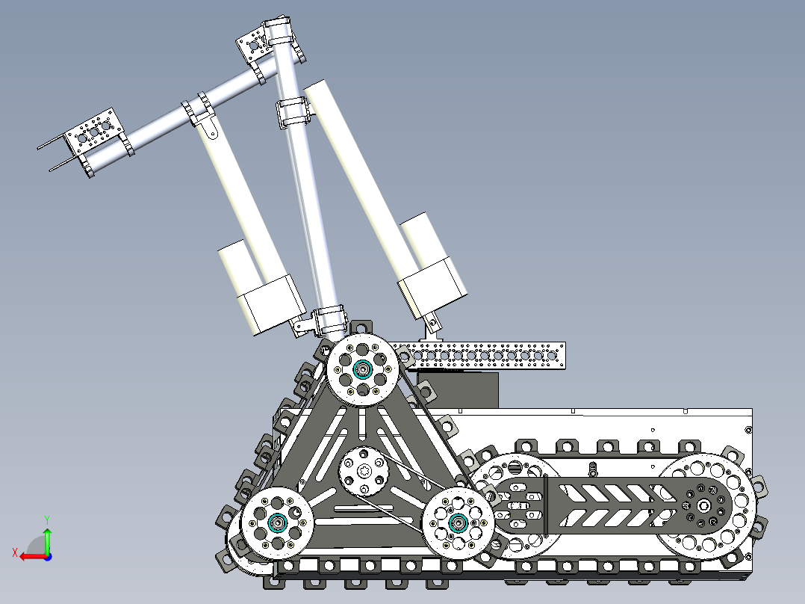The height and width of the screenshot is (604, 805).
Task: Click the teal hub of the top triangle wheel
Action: (x=363, y=369)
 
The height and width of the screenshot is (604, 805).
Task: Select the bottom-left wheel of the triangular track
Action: (x=278, y=523)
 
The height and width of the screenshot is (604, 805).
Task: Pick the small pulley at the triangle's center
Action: (x=364, y=471)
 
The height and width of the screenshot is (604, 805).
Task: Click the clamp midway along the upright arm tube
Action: (x=294, y=112)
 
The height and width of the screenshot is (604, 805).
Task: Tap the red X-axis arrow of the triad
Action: (x=30, y=555)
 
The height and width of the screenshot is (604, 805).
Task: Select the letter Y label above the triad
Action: (x=47, y=518)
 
